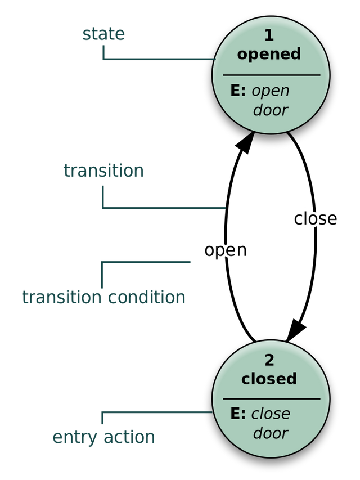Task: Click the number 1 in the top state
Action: point(269,35)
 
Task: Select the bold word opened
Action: point(269,54)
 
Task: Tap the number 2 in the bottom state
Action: point(269,360)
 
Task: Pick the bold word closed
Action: point(269,379)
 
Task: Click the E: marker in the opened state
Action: point(238,91)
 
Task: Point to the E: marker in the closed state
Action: point(238,414)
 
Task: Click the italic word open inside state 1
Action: point(271,92)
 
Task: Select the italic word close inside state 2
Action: point(271,414)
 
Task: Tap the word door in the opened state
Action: point(271,110)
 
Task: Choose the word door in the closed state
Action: point(271,433)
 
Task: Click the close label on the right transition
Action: point(316,219)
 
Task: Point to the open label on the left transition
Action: point(226,251)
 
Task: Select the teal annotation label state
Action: point(103,34)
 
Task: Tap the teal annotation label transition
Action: point(103,171)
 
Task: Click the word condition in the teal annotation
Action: point(147,297)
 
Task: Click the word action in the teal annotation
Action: point(129,437)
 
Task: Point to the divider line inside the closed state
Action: point(272,399)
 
